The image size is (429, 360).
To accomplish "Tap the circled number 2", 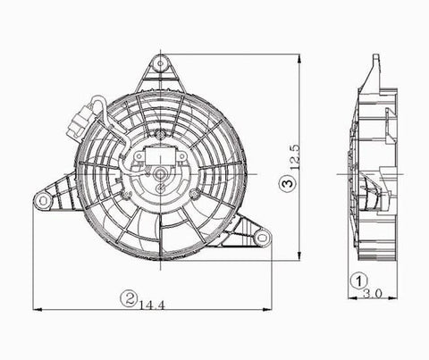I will [x=130, y=298].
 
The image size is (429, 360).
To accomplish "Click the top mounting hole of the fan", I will [x=161, y=63].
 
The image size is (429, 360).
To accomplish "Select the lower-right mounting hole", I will [x=263, y=237].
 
